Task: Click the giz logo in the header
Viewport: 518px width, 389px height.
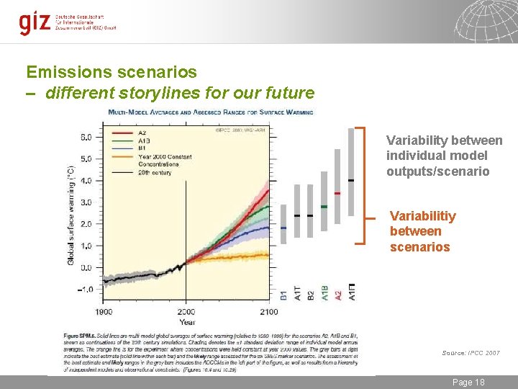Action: point(34,22)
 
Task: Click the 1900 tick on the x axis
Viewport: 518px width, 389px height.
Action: point(104,311)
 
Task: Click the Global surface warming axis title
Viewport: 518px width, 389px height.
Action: point(71,213)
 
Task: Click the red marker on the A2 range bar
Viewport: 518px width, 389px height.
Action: point(337,193)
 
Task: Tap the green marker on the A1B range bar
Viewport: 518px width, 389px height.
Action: point(324,207)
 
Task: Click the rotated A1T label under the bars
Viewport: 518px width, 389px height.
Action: point(297,292)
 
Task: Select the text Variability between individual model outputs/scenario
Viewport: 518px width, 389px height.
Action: point(444,156)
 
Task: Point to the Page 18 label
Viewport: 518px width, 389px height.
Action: point(468,382)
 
